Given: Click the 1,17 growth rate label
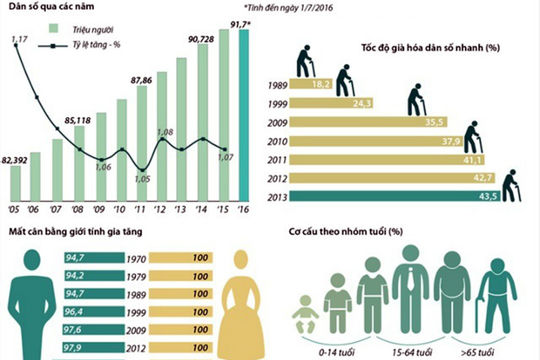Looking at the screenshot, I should pyautogui.click(x=19, y=39).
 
